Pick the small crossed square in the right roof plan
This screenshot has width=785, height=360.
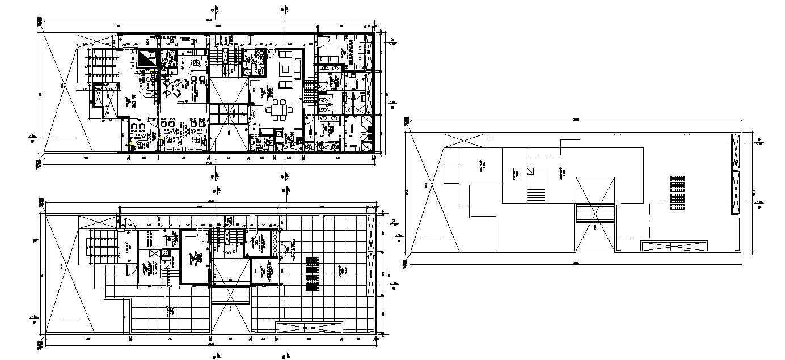coord(530,171)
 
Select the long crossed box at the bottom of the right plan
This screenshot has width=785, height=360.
coord(674,245)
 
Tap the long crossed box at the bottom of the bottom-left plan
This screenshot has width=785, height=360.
coord(309,327)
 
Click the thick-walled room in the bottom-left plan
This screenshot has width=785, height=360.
coord(196,256)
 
